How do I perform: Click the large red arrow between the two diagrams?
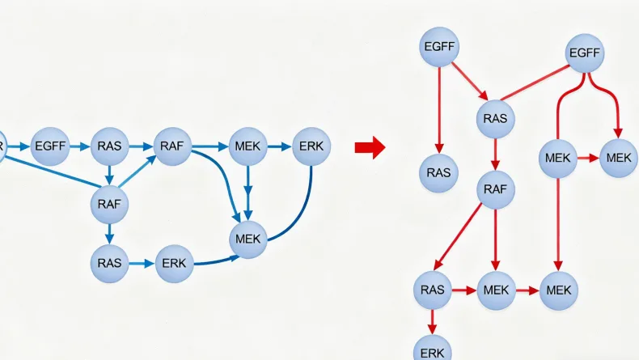(370, 147)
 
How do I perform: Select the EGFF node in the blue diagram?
(50, 146)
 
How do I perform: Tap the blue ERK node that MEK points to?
(311, 146)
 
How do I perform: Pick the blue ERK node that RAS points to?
(174, 263)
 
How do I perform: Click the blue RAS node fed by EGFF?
(109, 146)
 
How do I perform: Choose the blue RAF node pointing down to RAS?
(109, 203)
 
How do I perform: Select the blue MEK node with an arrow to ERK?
(249, 146)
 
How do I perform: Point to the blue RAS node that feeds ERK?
(109, 263)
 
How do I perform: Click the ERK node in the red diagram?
(433, 350)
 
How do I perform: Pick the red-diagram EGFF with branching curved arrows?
(584, 53)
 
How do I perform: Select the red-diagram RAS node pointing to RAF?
(494, 118)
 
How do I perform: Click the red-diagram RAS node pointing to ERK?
(433, 290)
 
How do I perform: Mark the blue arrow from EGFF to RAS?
(79, 146)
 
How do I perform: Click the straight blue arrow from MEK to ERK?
(280, 146)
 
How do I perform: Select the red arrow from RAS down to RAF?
(494, 154)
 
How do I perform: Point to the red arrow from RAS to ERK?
(433, 320)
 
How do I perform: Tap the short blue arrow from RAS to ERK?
(142, 263)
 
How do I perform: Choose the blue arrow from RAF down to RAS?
(109, 233)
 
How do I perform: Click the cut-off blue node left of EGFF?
(2, 146)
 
